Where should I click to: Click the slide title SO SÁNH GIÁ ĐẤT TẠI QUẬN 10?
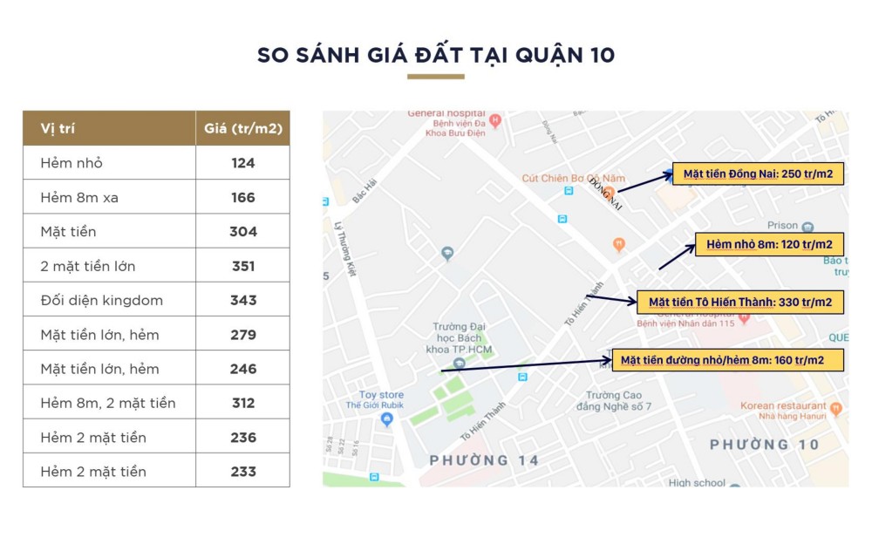click(435, 55)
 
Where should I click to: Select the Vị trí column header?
click(58, 128)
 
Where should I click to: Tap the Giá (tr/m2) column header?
click(243, 128)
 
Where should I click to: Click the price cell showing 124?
click(243, 163)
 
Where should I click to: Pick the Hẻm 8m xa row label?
click(79, 198)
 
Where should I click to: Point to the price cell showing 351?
click(243, 266)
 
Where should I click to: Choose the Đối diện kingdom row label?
click(101, 300)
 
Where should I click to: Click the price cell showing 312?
click(243, 403)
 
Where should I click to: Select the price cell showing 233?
click(243, 472)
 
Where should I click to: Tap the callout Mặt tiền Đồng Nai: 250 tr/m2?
click(757, 174)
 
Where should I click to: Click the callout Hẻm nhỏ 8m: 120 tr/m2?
click(768, 245)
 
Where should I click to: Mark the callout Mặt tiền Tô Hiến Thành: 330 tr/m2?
click(739, 303)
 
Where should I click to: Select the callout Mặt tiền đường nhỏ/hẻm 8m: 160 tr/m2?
click(727, 359)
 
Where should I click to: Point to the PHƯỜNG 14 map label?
click(485, 459)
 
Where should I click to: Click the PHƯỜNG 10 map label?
click(764, 445)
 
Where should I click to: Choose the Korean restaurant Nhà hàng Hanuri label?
click(783, 411)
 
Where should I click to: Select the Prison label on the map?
click(782, 226)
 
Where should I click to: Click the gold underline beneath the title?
click(435, 77)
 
